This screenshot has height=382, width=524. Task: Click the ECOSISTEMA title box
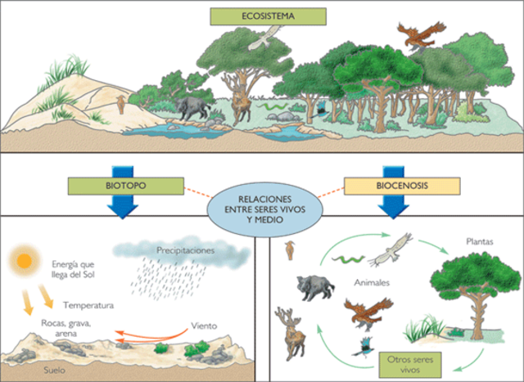268,16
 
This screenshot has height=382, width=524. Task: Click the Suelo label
31,370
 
